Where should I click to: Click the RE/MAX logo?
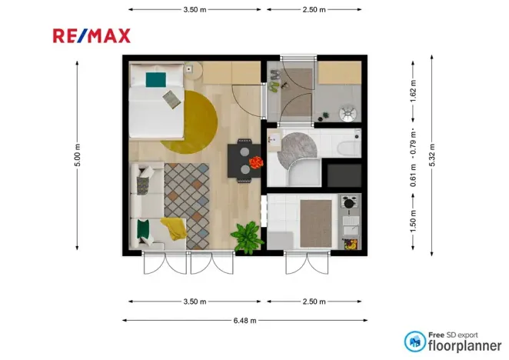coord(91,35)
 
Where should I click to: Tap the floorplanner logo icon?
coord(415,342)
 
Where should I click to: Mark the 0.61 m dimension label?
coord(413,178)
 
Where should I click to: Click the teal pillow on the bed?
coord(156,78)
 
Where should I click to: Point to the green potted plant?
coord(248,236)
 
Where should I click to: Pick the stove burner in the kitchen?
coord(350,204)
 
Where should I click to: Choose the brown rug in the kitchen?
coord(315,219)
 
